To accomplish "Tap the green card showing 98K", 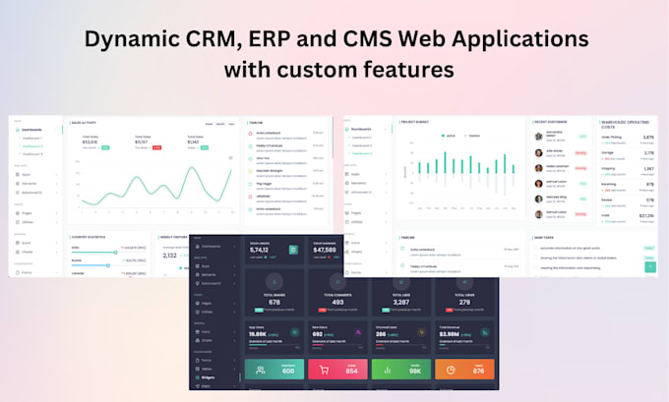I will pos(398,370).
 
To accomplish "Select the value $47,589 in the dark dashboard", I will pos(326,251).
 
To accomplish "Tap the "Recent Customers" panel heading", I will pos(554,123).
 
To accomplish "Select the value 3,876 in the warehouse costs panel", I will pos(647,139).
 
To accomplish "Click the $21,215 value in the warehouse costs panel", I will pos(646,215).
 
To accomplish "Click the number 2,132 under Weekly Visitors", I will pos(169,256).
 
